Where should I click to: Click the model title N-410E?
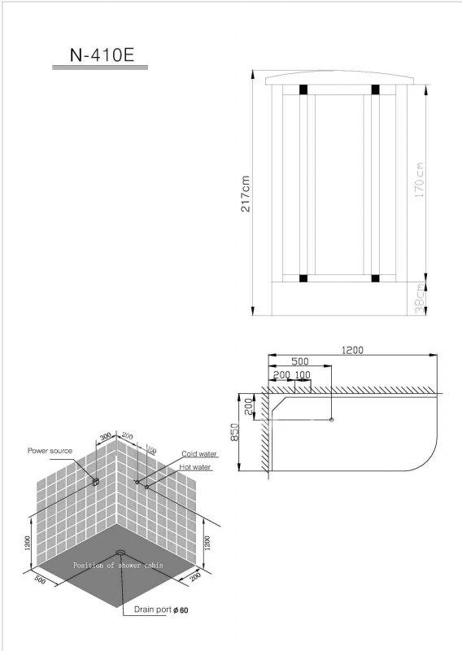(102, 55)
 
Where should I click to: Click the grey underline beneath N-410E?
(100, 68)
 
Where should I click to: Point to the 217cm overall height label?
(246, 194)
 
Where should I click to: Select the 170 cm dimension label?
(419, 180)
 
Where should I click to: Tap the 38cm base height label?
(420, 298)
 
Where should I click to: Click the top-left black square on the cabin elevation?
(303, 90)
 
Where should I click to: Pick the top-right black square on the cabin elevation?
(375, 90)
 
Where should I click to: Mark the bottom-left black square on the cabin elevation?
(303, 278)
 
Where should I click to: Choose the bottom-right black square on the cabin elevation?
(375, 278)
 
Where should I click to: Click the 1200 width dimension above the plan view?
(352, 350)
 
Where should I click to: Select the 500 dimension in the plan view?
(299, 361)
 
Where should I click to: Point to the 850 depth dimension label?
(234, 432)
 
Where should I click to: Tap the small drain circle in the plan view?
(331, 420)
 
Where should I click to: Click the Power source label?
(50, 451)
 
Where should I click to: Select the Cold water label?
(198, 454)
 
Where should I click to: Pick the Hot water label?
(194, 467)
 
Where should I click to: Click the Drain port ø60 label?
(161, 609)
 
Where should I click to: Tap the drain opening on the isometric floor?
(120, 553)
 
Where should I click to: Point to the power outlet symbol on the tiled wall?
(95, 482)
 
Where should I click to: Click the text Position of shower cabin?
(118, 565)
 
